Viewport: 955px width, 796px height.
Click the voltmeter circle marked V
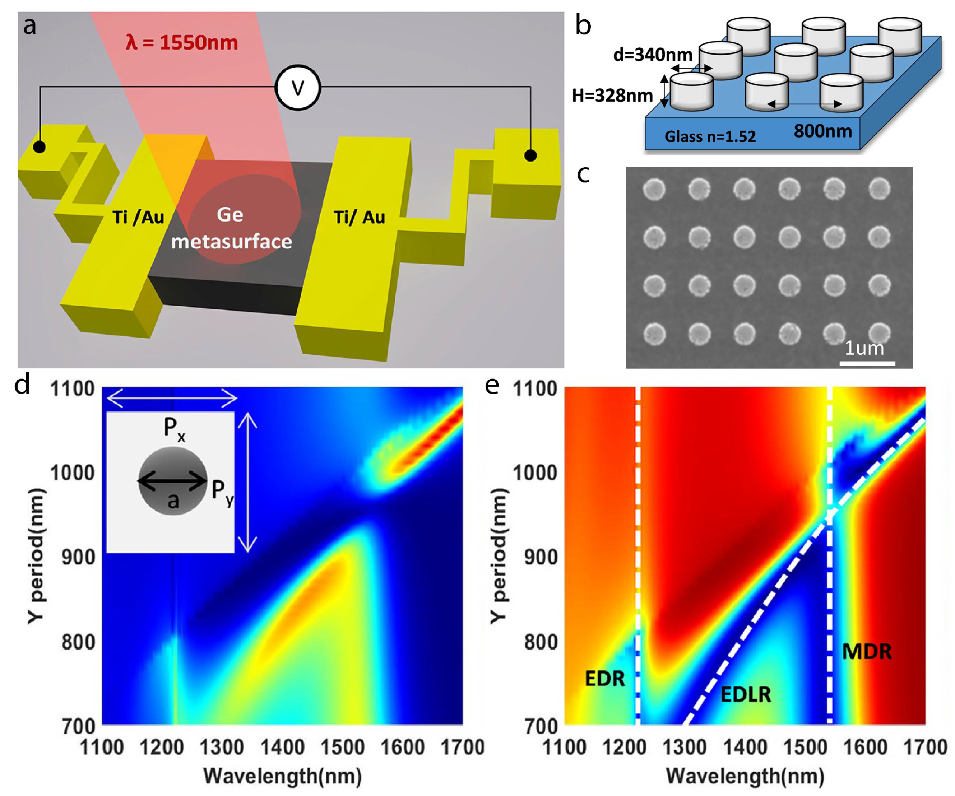(297, 87)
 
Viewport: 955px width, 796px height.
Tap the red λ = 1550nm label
(182, 42)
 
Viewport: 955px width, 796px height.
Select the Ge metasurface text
(231, 228)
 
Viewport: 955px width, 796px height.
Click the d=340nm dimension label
(652, 55)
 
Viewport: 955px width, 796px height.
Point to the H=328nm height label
(612, 96)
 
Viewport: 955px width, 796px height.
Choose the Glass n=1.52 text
(710, 136)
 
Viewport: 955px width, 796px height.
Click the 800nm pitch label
(823, 131)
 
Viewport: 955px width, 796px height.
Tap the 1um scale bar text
(864, 348)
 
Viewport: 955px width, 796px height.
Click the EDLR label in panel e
(746, 694)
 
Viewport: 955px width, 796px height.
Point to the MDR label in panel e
(866, 651)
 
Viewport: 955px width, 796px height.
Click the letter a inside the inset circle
(173, 501)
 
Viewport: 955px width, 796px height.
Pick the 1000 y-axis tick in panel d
(72, 473)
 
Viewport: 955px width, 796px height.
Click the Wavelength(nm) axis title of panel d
(282, 776)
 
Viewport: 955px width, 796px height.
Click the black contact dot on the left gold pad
(40, 147)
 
